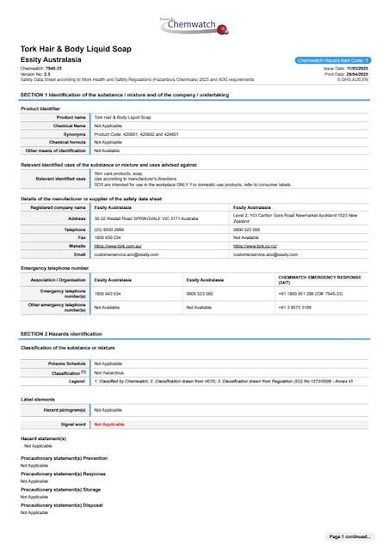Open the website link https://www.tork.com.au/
pos(117,246)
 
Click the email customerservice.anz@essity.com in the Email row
pos(126,254)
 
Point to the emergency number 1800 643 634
pos(108,293)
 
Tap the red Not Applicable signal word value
pos(109,425)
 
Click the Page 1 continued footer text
pos(349,536)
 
